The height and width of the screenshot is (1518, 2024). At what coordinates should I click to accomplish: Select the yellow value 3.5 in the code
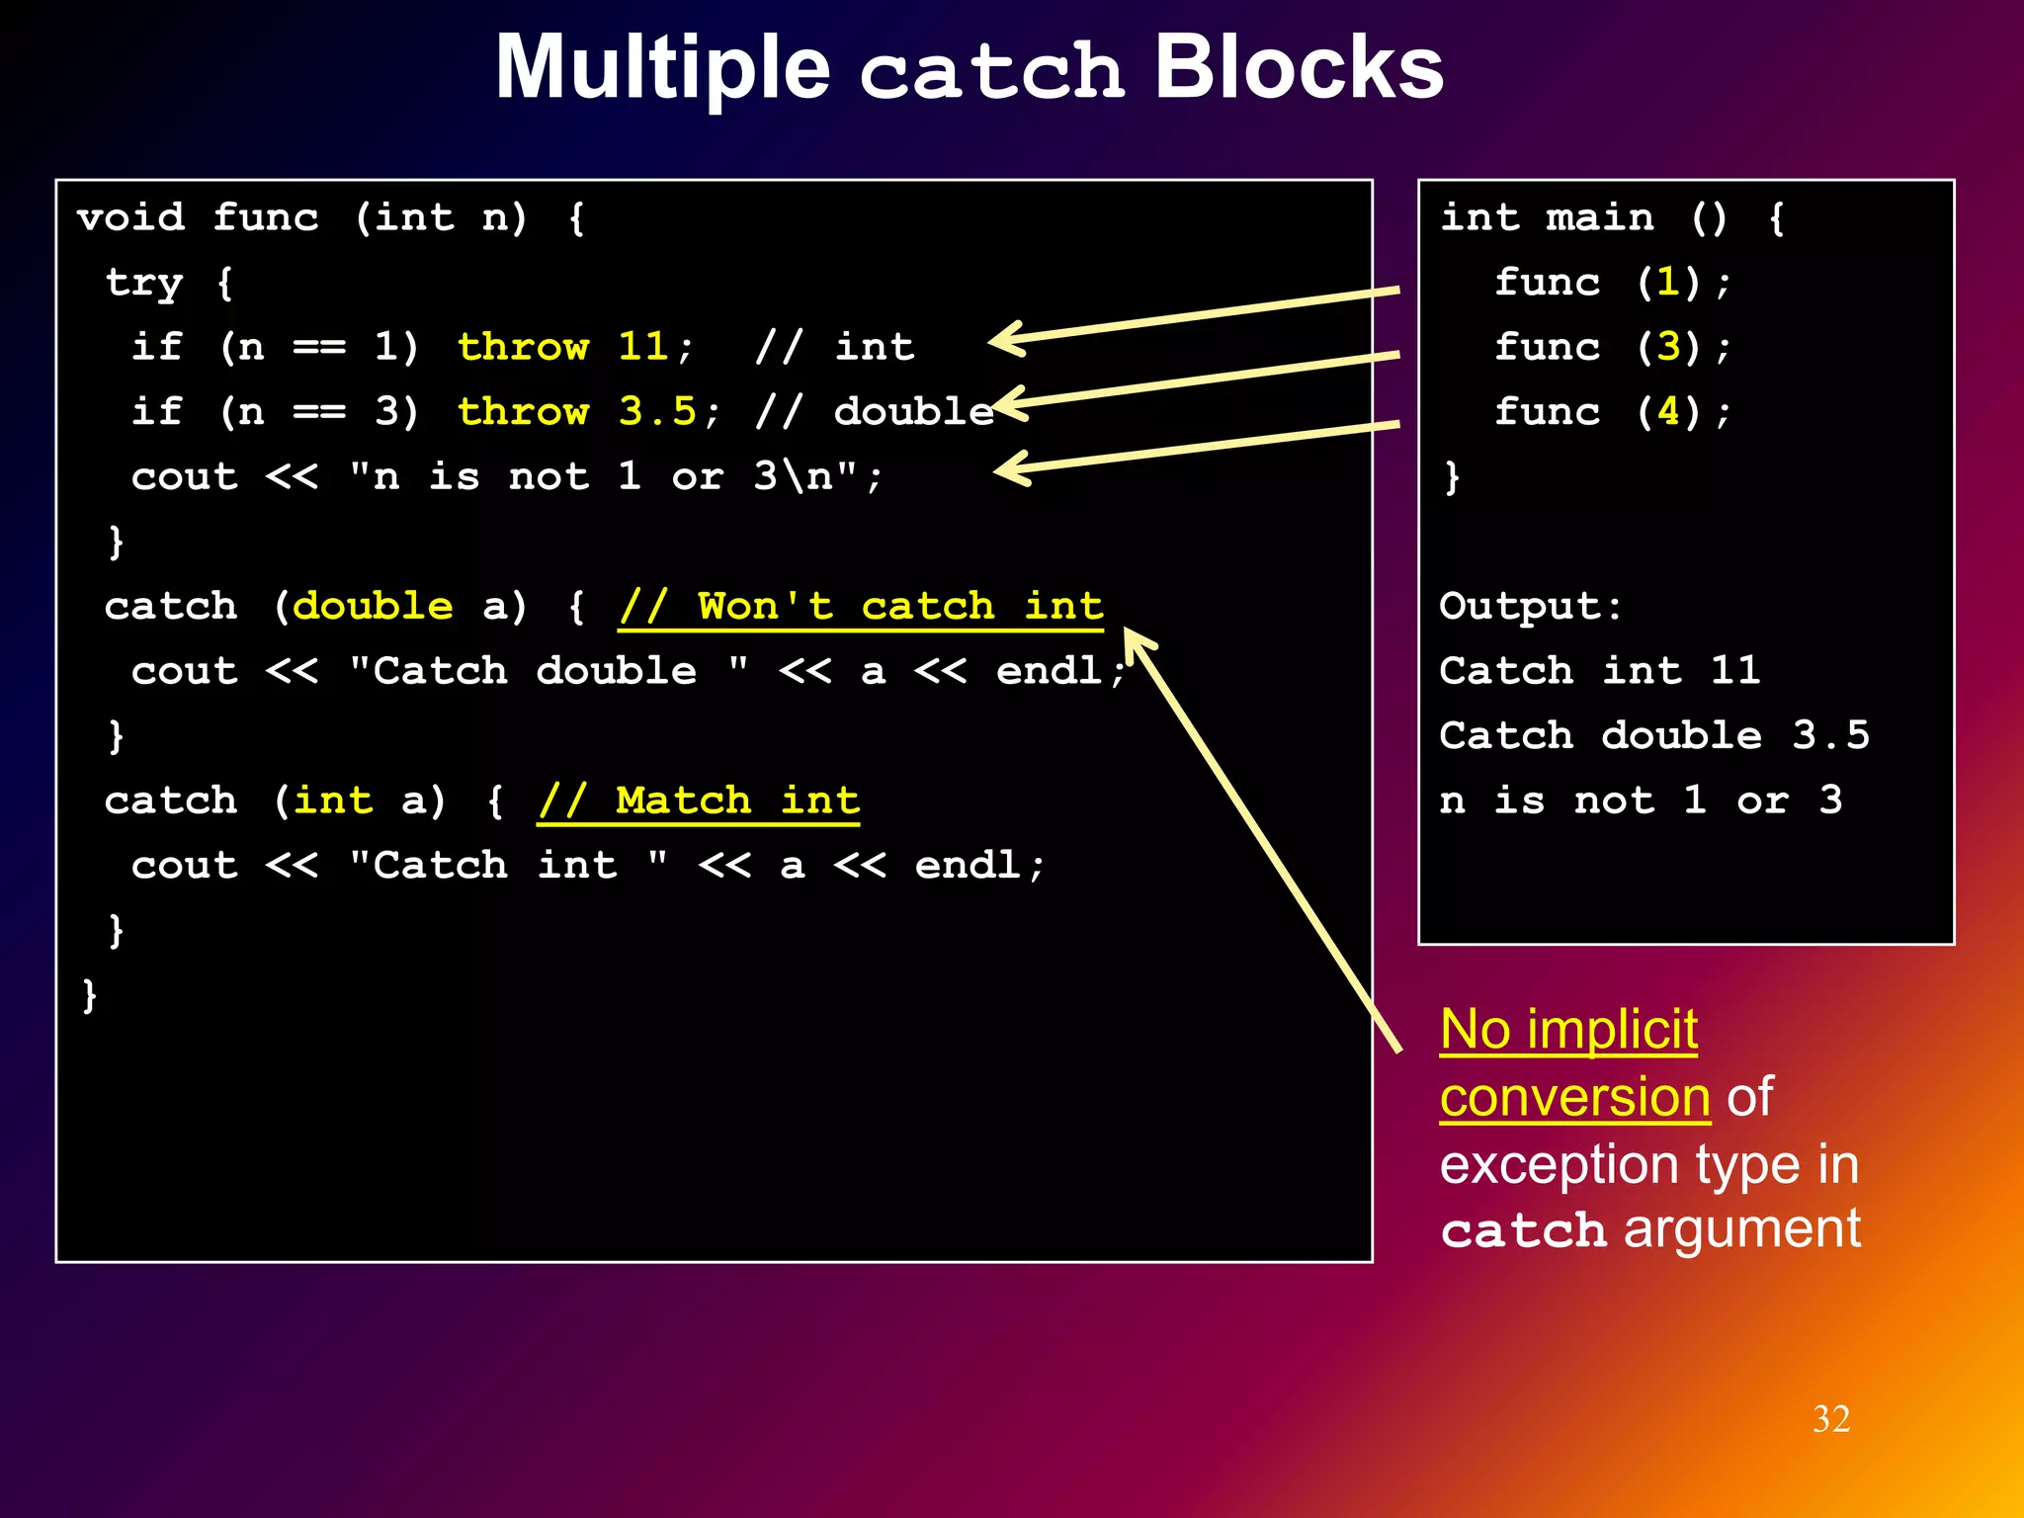pos(657,411)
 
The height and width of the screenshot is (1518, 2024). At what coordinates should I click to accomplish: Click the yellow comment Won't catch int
pos(861,606)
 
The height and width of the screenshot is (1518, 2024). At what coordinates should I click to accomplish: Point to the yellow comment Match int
pos(699,801)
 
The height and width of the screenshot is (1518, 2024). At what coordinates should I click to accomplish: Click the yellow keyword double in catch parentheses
pos(373,606)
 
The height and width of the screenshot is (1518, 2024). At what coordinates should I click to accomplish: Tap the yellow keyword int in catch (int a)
pos(332,801)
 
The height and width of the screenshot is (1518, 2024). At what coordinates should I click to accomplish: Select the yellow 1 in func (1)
pos(1668,283)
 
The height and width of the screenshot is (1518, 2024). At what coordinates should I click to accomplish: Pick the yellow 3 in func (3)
pos(1668,347)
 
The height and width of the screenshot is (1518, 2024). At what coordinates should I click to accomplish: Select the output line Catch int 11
pos(1599,671)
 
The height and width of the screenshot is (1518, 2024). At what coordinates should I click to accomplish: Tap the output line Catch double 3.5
pos(1653,735)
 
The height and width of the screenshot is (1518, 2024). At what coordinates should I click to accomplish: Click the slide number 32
pos(1830,1419)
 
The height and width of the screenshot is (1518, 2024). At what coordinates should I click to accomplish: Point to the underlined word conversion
pos(1574,1097)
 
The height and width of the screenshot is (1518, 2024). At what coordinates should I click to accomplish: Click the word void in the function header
pos(130,217)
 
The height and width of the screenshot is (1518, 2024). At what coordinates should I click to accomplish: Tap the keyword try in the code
pos(143,283)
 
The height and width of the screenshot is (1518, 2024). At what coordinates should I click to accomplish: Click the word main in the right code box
pos(1599,217)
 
